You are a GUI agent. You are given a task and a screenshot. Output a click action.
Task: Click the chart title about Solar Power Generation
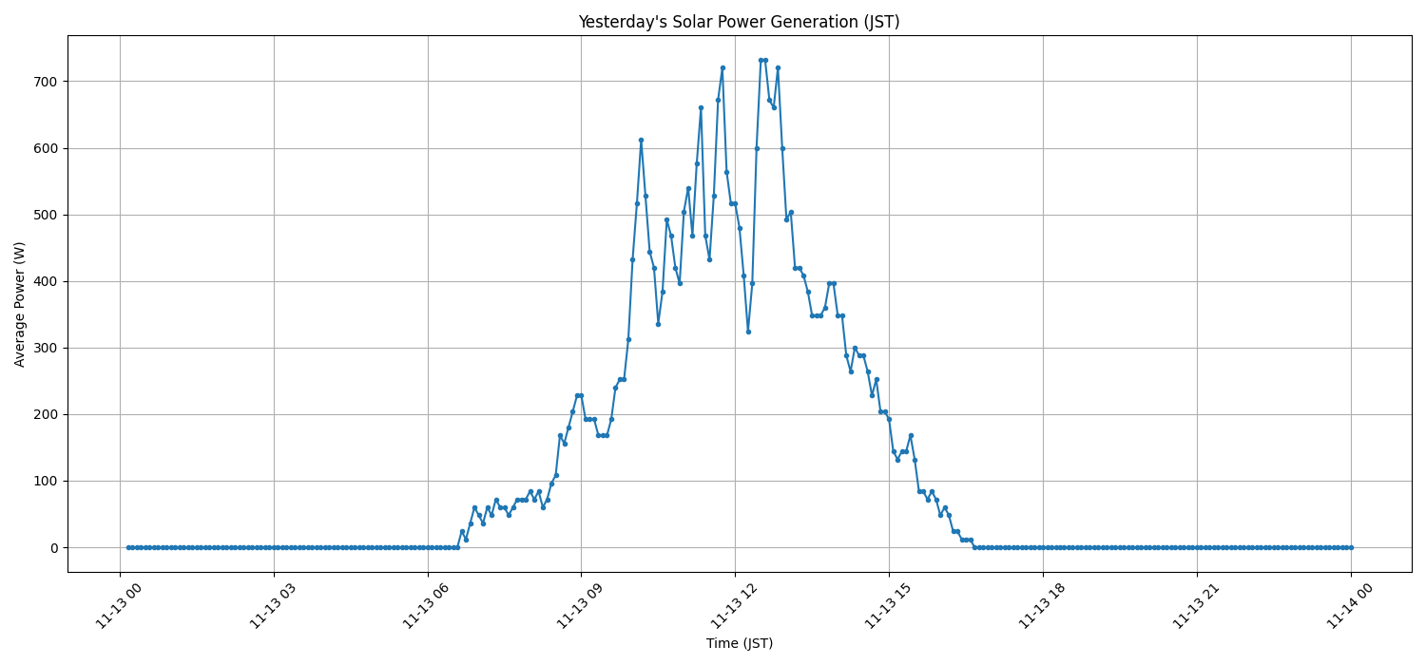coord(739,22)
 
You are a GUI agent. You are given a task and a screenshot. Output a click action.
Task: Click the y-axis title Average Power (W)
coord(20,304)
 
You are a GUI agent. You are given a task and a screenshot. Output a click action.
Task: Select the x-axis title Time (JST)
coord(739,643)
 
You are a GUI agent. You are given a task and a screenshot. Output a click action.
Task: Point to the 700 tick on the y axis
coord(48,82)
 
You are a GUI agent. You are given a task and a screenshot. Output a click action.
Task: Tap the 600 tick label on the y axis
coord(48,148)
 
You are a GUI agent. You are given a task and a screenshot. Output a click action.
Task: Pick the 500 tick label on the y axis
coord(48,215)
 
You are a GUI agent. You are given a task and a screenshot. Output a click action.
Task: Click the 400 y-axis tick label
coord(48,281)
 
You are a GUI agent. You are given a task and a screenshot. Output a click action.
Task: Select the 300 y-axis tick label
coord(48,348)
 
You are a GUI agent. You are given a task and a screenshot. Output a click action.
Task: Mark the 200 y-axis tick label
coord(48,414)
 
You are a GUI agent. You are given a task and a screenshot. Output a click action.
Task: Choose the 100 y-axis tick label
coord(48,481)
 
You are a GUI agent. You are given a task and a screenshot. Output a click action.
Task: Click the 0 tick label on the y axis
coord(54,547)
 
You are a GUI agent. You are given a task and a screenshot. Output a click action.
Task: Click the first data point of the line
coord(128,547)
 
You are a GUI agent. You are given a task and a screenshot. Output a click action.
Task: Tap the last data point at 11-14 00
coord(1351,547)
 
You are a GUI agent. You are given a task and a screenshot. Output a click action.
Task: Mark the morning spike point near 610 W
coord(641,140)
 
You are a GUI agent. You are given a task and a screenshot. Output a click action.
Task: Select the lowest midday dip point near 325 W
coord(748,332)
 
